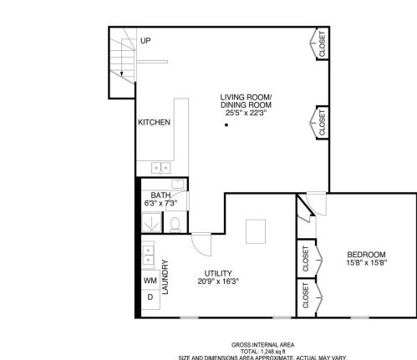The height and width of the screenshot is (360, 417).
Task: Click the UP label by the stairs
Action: [x=145, y=41]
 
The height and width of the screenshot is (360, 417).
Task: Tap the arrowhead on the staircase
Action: [x=121, y=74]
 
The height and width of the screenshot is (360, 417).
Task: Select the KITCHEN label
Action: [x=154, y=123]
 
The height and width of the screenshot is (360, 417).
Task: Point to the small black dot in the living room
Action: [x=226, y=126]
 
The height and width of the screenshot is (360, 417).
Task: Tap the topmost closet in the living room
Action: [x=320, y=44]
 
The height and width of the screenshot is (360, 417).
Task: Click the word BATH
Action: [x=161, y=195]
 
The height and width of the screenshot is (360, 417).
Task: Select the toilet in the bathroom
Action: [x=175, y=223]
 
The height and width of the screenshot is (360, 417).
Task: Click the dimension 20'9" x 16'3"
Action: [x=218, y=282]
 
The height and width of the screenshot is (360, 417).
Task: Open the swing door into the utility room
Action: [x=201, y=242]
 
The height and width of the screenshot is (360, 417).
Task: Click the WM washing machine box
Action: [x=150, y=281]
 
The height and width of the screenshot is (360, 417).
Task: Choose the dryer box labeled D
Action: [x=150, y=297]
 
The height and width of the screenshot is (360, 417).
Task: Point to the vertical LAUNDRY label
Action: [x=166, y=278]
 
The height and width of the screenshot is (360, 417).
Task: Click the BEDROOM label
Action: [x=366, y=255]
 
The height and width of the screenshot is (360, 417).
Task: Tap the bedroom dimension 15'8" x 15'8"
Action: [x=366, y=264]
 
